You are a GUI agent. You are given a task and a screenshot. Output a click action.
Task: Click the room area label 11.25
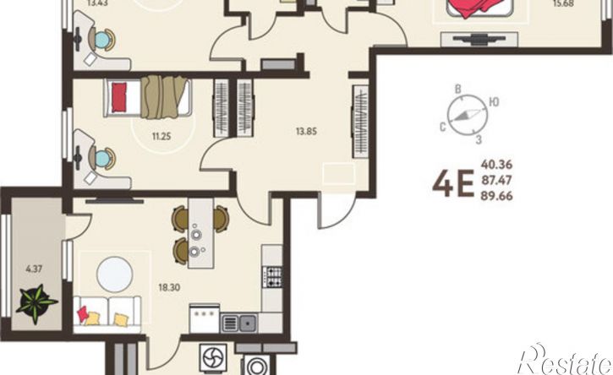point(161,136)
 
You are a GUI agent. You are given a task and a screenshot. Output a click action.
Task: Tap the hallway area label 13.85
point(306,132)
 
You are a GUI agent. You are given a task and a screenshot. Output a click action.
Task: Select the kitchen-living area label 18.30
point(169,287)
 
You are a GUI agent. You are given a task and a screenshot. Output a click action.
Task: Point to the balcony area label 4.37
point(34,269)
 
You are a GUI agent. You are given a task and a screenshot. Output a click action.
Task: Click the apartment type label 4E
point(453,184)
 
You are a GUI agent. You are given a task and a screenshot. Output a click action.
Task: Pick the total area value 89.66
point(496,196)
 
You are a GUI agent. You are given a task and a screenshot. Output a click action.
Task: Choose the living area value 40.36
point(496,164)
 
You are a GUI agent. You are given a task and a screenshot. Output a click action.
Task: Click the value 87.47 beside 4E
point(496,180)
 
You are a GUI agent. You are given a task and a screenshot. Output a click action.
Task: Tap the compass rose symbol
point(468,115)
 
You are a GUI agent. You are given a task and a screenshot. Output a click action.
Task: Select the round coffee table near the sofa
point(114,274)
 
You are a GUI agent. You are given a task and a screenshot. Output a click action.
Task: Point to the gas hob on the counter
point(272,276)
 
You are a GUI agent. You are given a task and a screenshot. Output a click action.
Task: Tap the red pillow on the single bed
point(119,97)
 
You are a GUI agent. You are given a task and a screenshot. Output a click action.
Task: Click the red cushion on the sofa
point(83,314)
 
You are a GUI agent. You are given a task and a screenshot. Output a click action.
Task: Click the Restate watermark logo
point(565,360)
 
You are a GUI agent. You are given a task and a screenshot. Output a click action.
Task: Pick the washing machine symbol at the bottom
point(256,366)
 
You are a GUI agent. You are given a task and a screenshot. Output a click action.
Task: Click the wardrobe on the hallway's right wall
point(360,121)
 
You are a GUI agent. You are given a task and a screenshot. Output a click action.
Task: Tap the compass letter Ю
point(494,102)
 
